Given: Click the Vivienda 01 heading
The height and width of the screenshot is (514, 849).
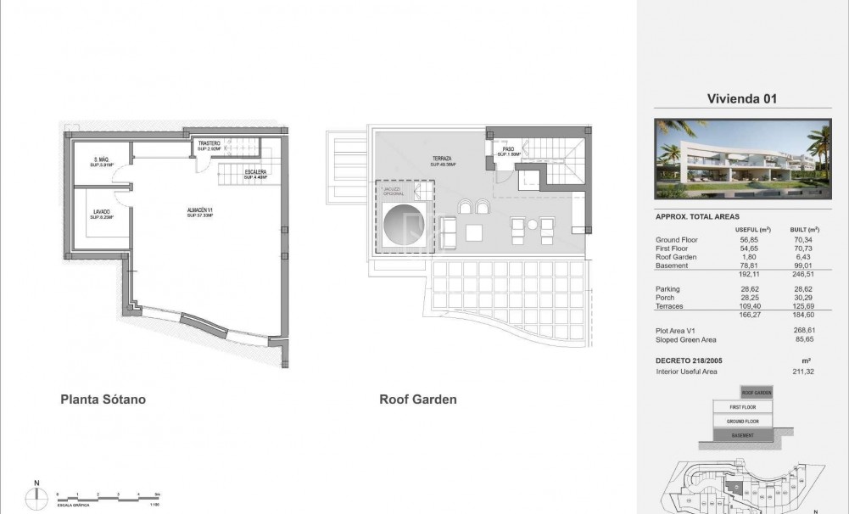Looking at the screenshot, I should (741, 98).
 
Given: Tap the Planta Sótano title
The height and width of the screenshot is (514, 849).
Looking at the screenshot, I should (109, 399).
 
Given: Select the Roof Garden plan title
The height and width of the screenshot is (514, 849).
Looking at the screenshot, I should (418, 399).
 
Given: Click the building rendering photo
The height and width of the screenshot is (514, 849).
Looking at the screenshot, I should (741, 159).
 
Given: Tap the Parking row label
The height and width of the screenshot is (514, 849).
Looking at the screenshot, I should (669, 289).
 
